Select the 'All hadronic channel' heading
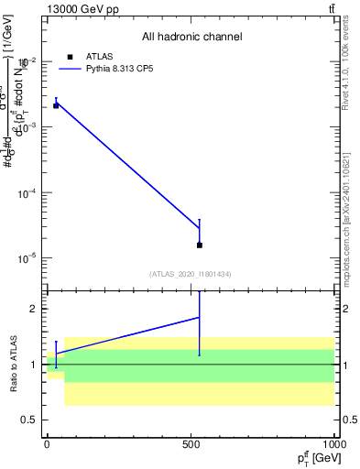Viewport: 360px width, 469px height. [x=191, y=38]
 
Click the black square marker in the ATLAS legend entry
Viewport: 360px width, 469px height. [x=70, y=57]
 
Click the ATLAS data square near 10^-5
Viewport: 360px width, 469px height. [x=200, y=245]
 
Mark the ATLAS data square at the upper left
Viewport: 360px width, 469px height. [x=56, y=105]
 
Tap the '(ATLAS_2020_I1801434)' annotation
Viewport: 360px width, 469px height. [x=191, y=274]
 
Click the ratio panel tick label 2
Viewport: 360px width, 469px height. [x=35, y=309]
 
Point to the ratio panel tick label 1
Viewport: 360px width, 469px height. [x=35, y=365]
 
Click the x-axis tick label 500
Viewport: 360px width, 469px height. [x=191, y=443]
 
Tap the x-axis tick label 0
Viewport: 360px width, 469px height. [x=47, y=443]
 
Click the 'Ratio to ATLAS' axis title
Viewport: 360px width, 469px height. [x=14, y=365]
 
